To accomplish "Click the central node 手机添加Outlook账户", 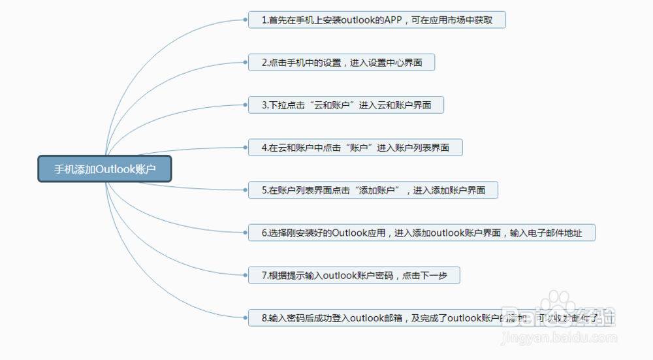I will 104,169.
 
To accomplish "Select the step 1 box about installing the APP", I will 377,20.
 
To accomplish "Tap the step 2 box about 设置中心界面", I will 342,63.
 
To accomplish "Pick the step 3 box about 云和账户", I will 346,105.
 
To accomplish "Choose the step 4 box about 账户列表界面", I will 355,148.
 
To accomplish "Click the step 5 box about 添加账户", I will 373,190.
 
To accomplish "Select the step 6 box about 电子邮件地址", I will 421,233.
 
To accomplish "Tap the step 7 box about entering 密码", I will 354,276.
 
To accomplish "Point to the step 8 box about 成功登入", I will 431,318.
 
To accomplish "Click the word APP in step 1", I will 392,20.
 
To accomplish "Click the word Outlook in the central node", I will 115,169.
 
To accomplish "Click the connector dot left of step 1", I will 245,20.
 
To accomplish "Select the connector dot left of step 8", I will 245,318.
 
